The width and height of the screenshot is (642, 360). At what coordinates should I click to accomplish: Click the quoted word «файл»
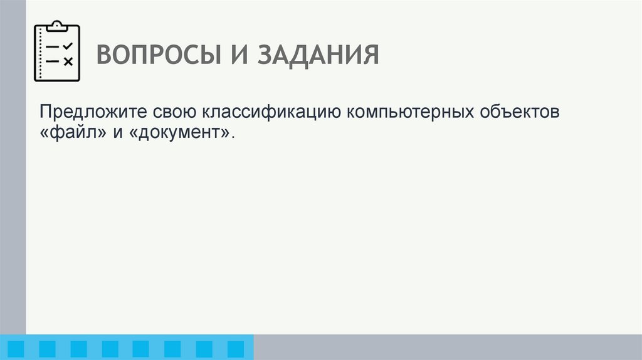tap(65, 133)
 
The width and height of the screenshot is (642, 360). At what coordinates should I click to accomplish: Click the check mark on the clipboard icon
tap(68, 46)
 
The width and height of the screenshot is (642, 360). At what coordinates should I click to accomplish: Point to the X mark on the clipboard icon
tap(68, 61)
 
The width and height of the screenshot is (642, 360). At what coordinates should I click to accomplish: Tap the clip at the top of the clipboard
tap(57, 26)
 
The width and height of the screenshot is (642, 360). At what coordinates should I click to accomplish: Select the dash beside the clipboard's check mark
tap(53, 47)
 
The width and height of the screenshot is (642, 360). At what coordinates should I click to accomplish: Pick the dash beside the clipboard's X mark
tap(53, 61)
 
